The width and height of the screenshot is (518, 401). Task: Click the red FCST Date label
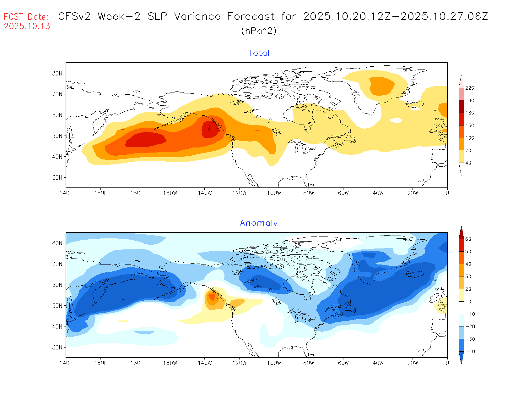tap(26, 17)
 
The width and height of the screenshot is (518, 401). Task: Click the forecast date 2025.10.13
tap(27, 26)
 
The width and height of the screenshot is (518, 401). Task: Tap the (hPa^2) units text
tap(259, 31)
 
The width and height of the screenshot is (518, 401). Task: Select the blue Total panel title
tap(259, 53)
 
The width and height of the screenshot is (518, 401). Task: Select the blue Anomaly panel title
tap(259, 223)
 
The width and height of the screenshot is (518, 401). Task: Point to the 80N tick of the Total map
tap(57, 73)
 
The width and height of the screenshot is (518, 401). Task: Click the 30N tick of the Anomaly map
tap(57, 347)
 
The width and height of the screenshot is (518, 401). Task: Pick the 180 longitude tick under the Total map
tap(135, 193)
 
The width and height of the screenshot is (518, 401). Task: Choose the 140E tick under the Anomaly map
tap(66, 363)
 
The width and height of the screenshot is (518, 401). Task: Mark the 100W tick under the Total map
tap(274, 193)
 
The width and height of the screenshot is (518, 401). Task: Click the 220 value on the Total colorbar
tap(470, 88)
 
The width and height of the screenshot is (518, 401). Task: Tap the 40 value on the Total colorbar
tap(468, 163)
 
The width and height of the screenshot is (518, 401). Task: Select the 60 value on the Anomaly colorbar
tap(468, 239)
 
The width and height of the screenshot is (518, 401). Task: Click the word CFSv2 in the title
tap(74, 16)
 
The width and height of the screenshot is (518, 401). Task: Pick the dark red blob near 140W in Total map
tap(210, 129)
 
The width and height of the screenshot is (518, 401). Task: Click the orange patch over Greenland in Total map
tap(381, 86)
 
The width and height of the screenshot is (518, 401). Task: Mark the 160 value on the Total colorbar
tap(470, 113)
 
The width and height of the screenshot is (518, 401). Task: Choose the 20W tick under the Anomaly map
tap(413, 363)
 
